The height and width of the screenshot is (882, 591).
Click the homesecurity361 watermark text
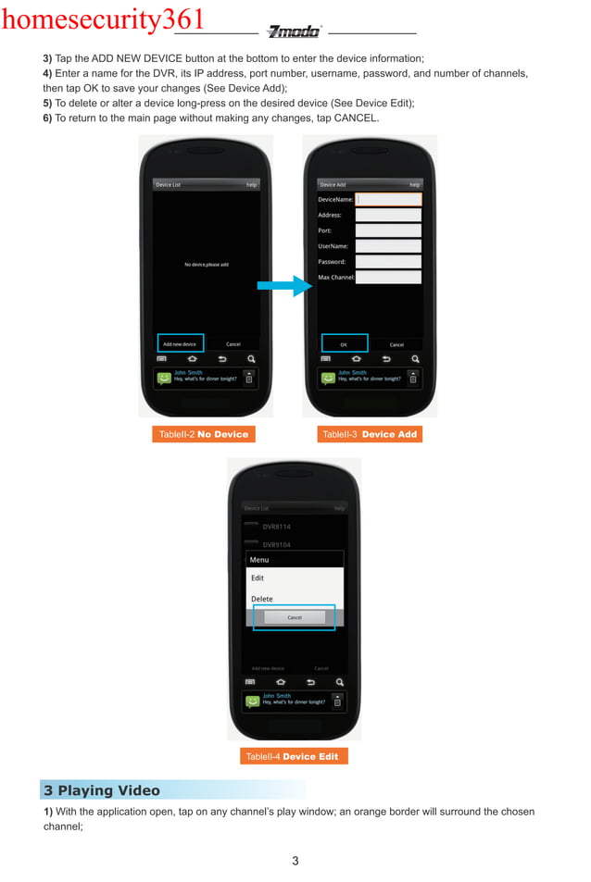[x=102, y=19]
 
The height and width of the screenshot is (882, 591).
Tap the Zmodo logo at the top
[x=294, y=31]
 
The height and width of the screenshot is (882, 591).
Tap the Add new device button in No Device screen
[x=180, y=343]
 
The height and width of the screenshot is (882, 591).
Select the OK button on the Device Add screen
[x=344, y=344]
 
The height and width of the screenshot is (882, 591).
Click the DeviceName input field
[x=388, y=199]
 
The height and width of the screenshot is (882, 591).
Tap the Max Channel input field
[x=388, y=278]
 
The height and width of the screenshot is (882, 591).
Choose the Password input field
[x=388, y=262]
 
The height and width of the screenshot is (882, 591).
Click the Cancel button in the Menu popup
[x=295, y=617]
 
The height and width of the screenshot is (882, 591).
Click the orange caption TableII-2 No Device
[x=203, y=434]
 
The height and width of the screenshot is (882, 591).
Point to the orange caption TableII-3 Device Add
[x=369, y=434]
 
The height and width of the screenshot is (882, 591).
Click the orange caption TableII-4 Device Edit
[x=292, y=756]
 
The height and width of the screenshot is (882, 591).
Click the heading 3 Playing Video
[x=102, y=790]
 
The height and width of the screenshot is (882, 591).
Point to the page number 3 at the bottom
[x=295, y=862]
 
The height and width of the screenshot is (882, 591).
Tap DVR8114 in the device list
[x=276, y=527]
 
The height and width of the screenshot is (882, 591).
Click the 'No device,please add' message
[x=207, y=265]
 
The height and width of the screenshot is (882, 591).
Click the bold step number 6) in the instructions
[x=47, y=118]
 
